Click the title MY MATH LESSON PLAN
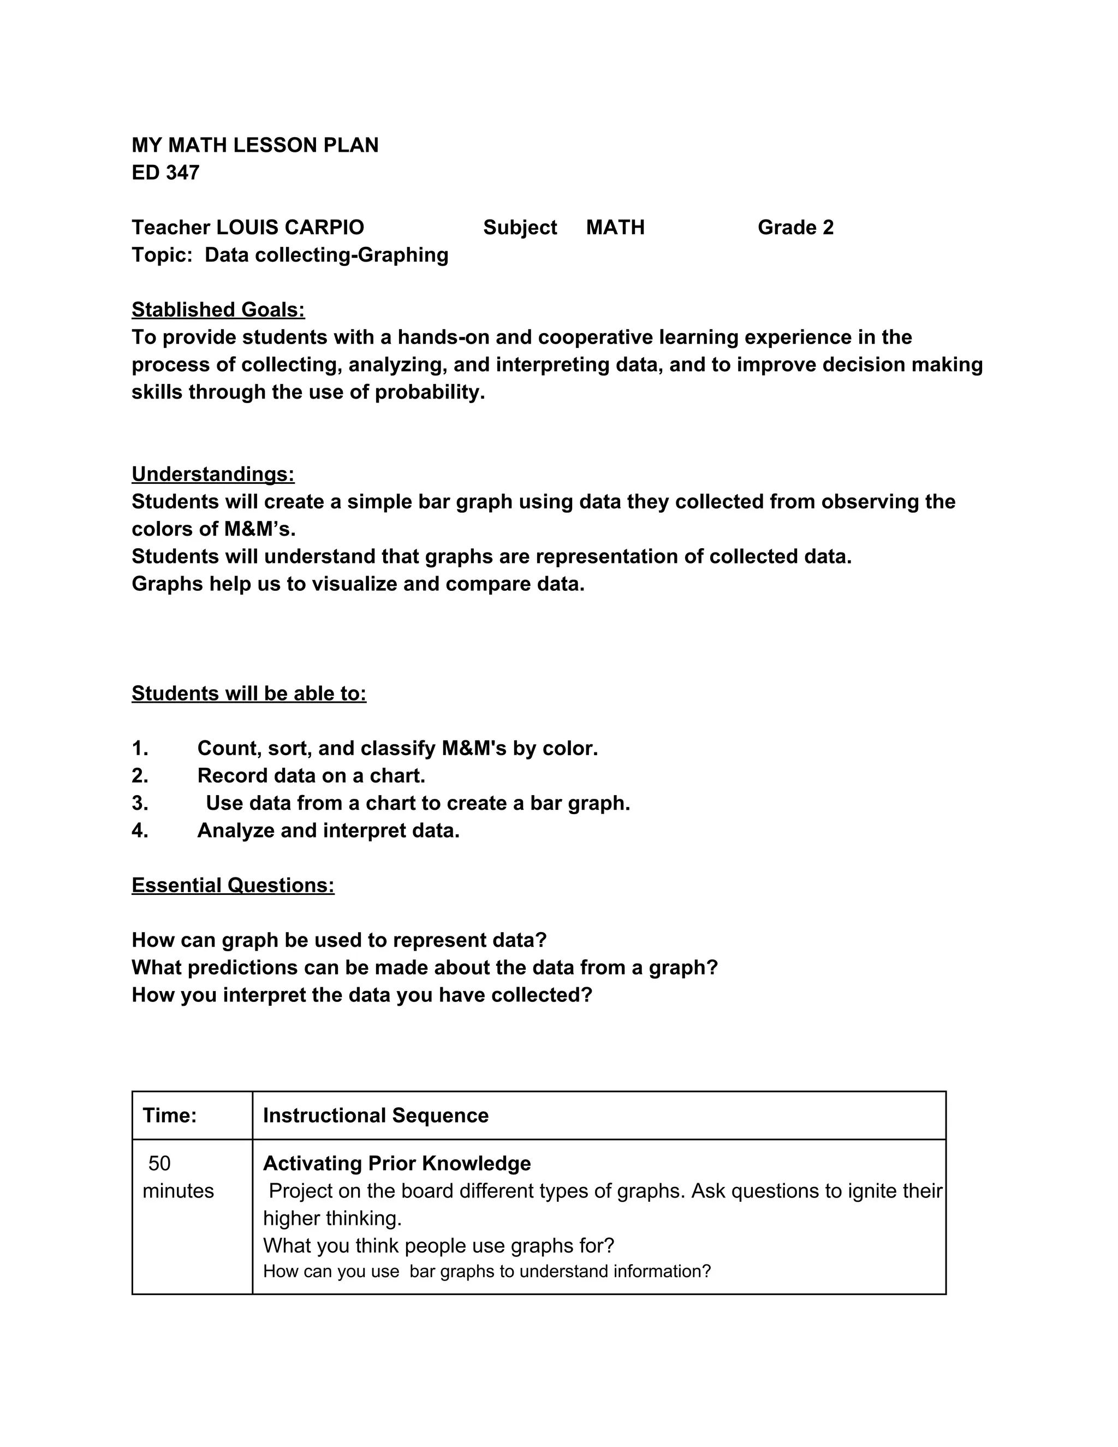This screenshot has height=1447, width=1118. click(255, 145)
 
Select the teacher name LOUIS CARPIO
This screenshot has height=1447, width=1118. click(290, 227)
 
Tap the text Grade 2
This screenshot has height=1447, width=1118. click(795, 227)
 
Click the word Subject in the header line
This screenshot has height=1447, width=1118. click(519, 227)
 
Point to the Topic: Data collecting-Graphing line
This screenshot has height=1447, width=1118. click(289, 254)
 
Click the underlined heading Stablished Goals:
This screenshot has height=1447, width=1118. click(218, 310)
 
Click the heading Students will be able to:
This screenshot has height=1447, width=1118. click(248, 693)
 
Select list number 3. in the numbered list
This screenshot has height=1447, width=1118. click(140, 803)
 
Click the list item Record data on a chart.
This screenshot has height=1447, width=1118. click(311, 775)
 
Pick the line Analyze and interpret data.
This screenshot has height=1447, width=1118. click(328, 830)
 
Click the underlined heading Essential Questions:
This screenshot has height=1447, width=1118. click(233, 885)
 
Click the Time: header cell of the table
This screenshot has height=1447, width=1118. click(170, 1115)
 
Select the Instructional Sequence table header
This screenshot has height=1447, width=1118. click(376, 1115)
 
